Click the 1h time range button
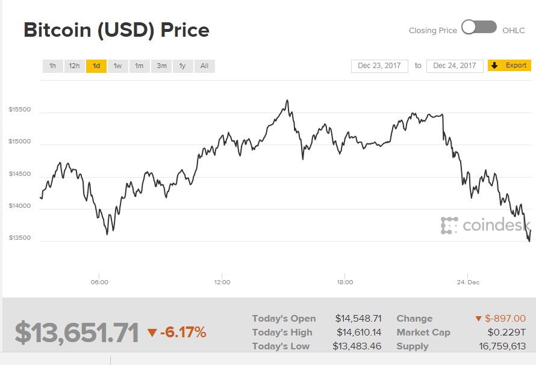pyautogui.click(x=53, y=66)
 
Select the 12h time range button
pyautogui.click(x=74, y=66)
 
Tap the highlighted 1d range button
pyautogui.click(x=96, y=66)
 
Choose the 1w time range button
pyautogui.click(x=117, y=66)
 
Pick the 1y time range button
pyautogui.click(x=182, y=66)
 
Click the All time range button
pyautogui.click(x=204, y=66)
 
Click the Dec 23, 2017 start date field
pyautogui.click(x=379, y=66)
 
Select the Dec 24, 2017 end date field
pyautogui.click(x=455, y=66)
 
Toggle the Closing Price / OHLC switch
pyautogui.click(x=479, y=28)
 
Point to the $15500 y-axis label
pyautogui.click(x=20, y=110)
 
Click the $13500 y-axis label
pyautogui.click(x=20, y=237)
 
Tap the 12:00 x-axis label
pyautogui.click(x=222, y=282)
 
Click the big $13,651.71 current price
pyautogui.click(x=77, y=332)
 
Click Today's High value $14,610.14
pyautogui.click(x=358, y=332)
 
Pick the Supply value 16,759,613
pyautogui.click(x=502, y=346)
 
